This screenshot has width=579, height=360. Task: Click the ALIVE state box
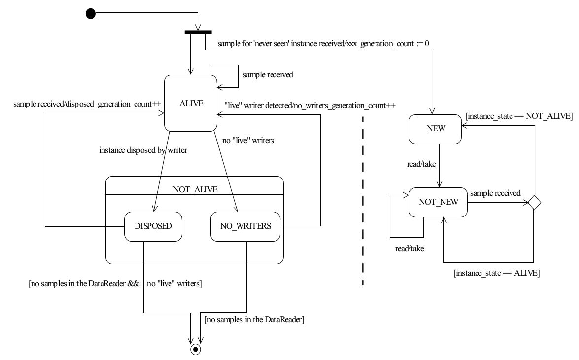tap(191, 103)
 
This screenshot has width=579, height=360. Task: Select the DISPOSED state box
tap(153, 226)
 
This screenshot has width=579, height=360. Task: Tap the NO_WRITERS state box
tap(245, 226)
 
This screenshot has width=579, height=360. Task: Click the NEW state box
tap(435, 129)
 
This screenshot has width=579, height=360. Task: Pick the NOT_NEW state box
tap(438, 202)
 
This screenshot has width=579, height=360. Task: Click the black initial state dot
tap(91, 14)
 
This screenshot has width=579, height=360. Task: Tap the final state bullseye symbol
tap(195, 349)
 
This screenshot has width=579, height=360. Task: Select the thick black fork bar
tap(198, 32)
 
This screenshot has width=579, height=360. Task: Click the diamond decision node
tap(534, 203)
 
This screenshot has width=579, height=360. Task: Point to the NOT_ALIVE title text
tap(195, 189)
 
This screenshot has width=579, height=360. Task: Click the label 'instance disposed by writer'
tap(143, 150)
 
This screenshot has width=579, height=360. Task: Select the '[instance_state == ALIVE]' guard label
tap(497, 273)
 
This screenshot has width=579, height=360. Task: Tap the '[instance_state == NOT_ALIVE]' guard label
tap(519, 116)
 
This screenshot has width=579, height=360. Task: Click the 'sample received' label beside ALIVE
tap(268, 74)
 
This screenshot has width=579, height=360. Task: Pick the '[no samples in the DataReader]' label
tap(254, 320)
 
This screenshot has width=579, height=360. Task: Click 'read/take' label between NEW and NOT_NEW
tap(421, 164)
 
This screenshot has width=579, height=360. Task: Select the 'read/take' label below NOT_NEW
tap(409, 249)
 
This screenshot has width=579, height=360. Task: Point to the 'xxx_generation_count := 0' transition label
tap(388, 43)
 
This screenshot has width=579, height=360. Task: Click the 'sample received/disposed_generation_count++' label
tap(87, 104)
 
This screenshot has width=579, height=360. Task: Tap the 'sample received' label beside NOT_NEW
tap(495, 193)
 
